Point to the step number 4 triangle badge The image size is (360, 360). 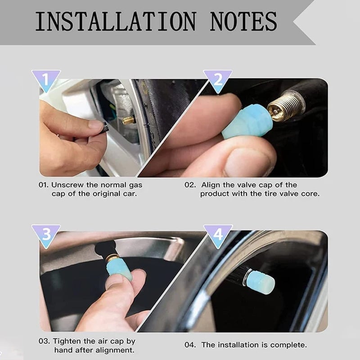click(x=218, y=234)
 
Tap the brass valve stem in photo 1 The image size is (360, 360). click(x=129, y=120)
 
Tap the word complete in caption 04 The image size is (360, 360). click(x=289, y=345)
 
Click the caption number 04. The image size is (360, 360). click(x=190, y=345)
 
